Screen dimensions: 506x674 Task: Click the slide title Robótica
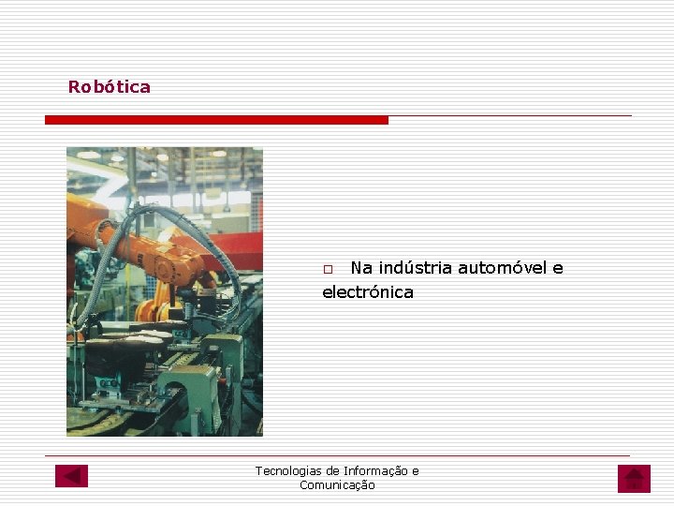(109, 87)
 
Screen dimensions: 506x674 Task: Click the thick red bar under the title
(216, 120)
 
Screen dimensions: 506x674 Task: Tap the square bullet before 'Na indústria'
(328, 270)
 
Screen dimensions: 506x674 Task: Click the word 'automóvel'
(503, 268)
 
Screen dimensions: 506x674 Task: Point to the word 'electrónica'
(368, 292)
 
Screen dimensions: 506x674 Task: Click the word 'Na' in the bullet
(361, 268)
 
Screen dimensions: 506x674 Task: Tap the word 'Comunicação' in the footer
(337, 485)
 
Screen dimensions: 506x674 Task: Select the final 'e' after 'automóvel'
(558, 268)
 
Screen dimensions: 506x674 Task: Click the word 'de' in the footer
(333, 471)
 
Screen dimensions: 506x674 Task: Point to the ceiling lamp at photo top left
(88, 155)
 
